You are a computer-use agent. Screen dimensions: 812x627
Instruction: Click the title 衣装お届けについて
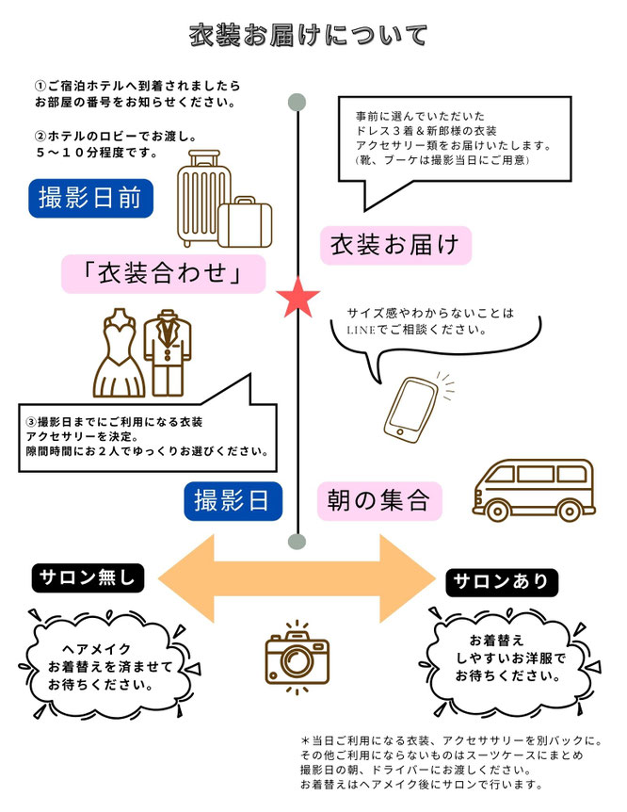[309, 35]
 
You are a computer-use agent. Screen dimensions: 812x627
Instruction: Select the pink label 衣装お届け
[394, 244]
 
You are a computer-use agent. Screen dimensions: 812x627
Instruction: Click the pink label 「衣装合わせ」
[163, 273]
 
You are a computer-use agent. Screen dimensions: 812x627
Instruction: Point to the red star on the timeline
[298, 299]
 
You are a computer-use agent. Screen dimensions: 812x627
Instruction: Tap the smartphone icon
[408, 409]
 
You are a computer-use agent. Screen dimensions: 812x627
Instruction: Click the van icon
[531, 489]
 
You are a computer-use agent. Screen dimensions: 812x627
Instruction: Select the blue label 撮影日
[233, 500]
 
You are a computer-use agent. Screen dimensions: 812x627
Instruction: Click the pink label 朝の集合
[379, 500]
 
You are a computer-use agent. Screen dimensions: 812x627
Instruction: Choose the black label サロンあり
[500, 580]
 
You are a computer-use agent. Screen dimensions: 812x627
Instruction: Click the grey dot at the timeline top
[297, 102]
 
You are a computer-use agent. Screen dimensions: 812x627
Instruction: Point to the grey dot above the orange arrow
[297, 541]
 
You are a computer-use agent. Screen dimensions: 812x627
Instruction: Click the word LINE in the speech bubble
[362, 330]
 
